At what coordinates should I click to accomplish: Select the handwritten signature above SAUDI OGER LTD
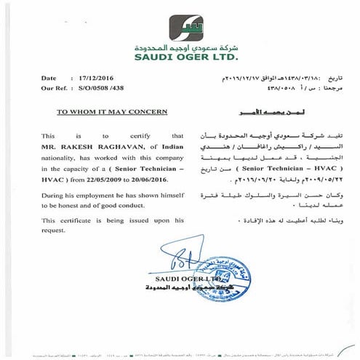180,260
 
